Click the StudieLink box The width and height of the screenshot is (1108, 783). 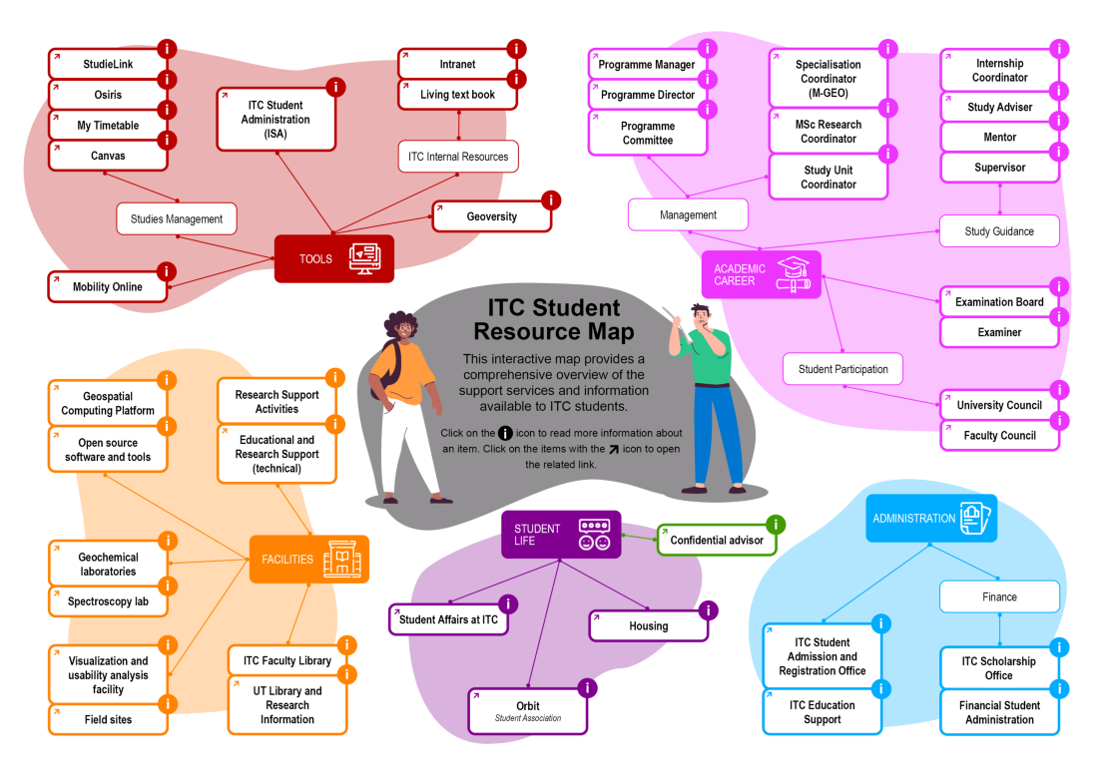coord(108,65)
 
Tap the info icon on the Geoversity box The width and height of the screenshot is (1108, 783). coord(551,200)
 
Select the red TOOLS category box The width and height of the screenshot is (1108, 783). coord(333,258)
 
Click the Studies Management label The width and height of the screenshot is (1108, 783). coord(177,218)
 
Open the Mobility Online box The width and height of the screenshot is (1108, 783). coord(108,287)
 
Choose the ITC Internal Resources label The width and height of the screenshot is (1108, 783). coord(458,157)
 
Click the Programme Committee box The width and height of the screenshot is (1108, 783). coord(647,134)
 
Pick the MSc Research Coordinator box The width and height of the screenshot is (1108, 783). coord(828,132)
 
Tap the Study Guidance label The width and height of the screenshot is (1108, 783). coord(999,231)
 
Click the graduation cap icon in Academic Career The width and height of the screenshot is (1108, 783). coord(795,274)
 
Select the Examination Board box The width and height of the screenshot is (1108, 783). coord(999,302)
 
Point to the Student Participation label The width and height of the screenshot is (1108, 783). coord(842,369)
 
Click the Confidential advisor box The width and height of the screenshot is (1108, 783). coord(716,541)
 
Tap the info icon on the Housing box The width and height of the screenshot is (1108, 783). coord(709,610)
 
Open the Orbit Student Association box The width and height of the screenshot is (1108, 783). coord(528,711)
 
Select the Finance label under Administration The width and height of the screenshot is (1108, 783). coord(999,597)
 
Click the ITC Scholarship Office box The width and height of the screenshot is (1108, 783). coord(999,668)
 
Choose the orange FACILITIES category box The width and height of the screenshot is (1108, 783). coord(308,560)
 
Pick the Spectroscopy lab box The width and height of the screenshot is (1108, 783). coord(108,602)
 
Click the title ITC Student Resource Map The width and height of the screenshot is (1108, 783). coord(553,319)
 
